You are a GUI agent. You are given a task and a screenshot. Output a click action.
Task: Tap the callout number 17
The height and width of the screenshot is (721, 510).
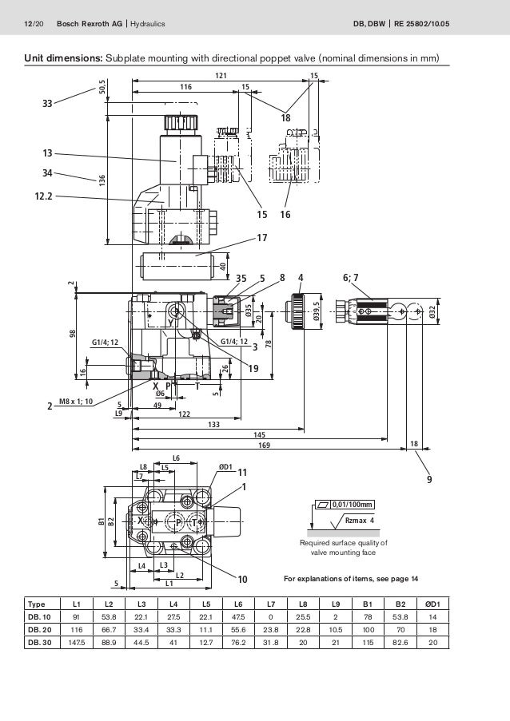[261, 238]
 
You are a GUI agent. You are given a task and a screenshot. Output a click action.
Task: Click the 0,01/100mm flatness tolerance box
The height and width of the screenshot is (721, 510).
[351, 504]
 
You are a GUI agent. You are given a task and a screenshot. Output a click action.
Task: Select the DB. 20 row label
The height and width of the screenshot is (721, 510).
[39, 630]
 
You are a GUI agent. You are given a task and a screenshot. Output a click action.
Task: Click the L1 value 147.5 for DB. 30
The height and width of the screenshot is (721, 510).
[77, 643]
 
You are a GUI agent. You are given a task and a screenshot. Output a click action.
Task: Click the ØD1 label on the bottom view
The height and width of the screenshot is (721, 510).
[225, 467]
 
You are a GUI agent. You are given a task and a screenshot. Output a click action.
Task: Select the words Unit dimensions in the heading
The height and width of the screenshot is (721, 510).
[53, 57]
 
